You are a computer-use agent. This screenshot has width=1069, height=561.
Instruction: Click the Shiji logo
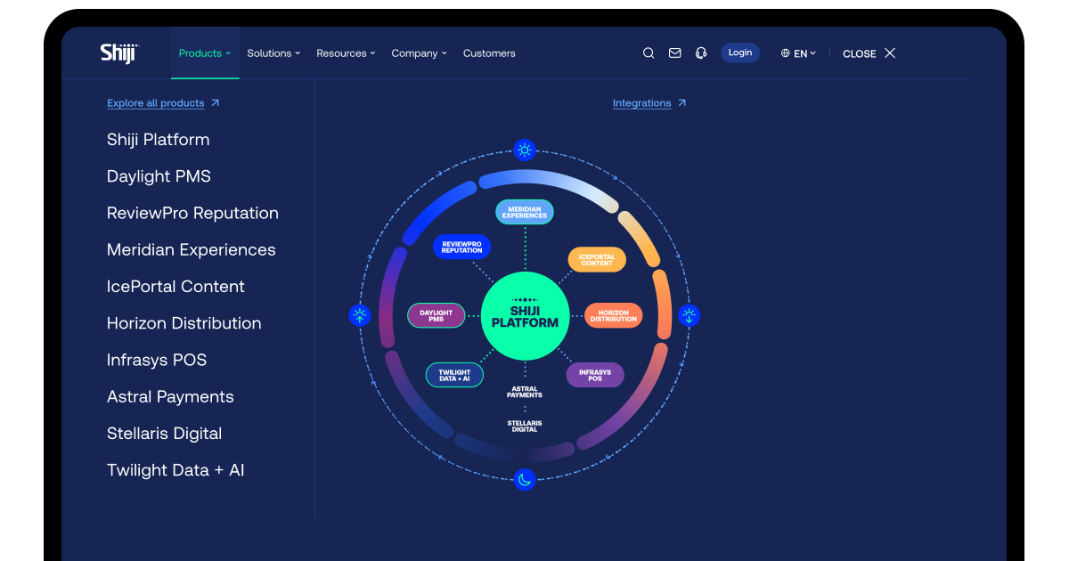tap(119, 53)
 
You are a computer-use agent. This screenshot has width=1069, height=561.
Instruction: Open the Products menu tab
tap(205, 53)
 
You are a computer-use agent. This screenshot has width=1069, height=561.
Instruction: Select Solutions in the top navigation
tap(273, 53)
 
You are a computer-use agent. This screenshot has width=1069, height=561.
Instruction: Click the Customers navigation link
tap(489, 53)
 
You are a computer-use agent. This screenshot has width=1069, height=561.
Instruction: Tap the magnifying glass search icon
tap(649, 53)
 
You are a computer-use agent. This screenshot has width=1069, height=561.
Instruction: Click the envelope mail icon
tap(675, 53)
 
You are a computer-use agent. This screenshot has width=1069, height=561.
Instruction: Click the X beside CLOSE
tap(890, 53)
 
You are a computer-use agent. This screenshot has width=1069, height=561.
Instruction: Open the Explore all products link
tap(163, 103)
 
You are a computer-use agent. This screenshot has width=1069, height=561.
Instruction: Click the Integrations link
tap(649, 103)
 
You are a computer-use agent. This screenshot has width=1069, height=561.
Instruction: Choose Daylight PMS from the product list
tap(159, 176)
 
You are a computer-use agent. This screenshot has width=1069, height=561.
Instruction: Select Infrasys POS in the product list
tap(157, 360)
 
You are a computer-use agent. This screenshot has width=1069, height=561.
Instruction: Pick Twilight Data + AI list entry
tap(175, 470)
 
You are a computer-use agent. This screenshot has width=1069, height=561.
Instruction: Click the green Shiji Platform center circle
tap(525, 316)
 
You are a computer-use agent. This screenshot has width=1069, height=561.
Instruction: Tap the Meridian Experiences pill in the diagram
tap(525, 212)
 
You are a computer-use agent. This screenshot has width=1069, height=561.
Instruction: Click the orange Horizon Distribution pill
tap(613, 316)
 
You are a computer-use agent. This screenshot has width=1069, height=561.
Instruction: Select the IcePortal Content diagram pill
tap(597, 260)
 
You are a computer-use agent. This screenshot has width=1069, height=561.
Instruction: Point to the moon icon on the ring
tap(525, 479)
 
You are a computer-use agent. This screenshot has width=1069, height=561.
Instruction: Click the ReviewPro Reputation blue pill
tap(461, 248)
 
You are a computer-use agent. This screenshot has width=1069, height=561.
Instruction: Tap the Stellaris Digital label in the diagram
tap(525, 427)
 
